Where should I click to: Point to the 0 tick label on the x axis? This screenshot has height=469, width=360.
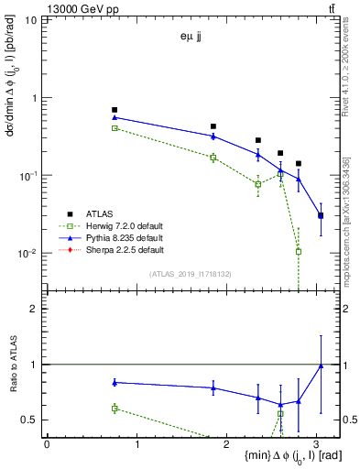tap(47, 444)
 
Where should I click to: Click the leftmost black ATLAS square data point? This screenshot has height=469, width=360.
tap(115, 110)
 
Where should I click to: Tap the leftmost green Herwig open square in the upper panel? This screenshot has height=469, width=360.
tap(115, 128)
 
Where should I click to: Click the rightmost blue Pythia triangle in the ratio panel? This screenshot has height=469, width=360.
tap(321, 365)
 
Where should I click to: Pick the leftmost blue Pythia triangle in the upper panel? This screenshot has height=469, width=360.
tap(115, 117)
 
